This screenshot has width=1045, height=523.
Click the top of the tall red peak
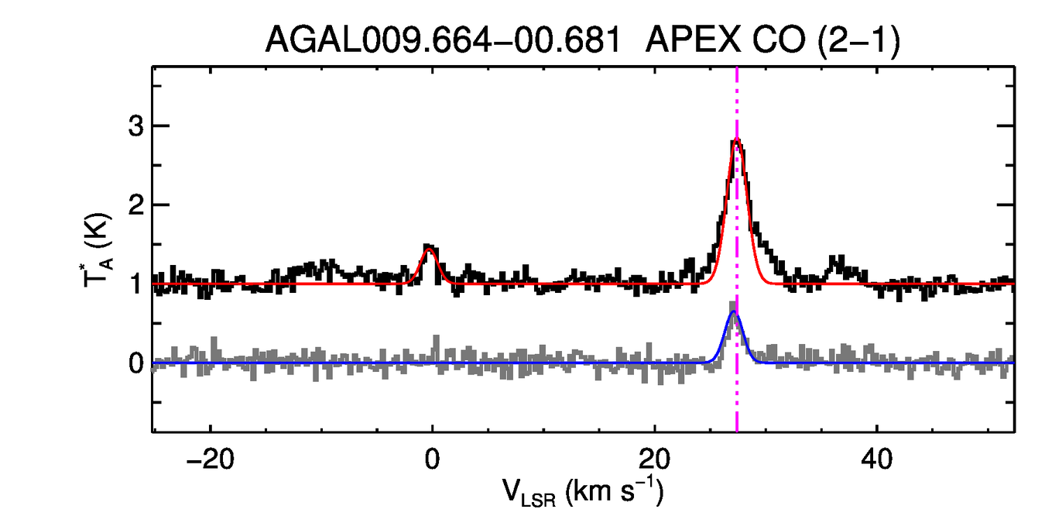[x=737, y=140]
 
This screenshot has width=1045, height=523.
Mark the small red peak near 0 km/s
[x=429, y=249]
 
